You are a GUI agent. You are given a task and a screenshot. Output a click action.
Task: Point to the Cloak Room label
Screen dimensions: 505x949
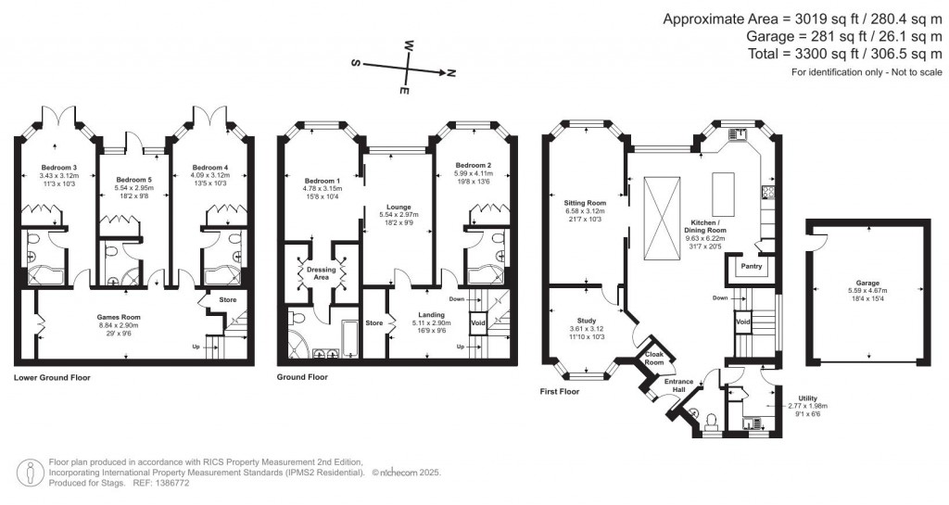(654, 360)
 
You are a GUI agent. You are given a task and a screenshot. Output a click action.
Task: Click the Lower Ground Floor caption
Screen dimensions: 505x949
(52, 377)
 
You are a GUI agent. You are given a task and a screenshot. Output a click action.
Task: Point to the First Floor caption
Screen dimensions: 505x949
(560, 392)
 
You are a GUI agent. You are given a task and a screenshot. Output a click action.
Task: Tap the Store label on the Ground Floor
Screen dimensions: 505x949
(373, 322)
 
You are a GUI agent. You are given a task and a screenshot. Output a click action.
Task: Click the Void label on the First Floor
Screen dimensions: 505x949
(742, 322)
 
